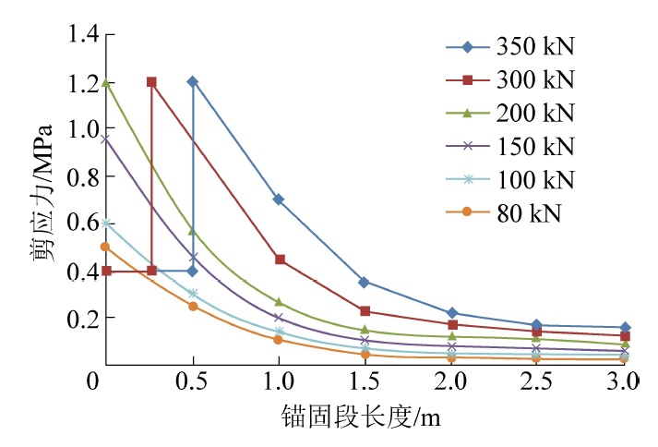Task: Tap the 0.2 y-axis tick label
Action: click(81, 318)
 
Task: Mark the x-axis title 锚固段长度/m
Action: click(364, 417)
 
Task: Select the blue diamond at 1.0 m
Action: click(278, 199)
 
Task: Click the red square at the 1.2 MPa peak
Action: click(151, 82)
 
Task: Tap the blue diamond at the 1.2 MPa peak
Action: click(192, 81)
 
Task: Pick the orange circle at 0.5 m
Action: click(192, 306)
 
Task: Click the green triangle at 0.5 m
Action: click(192, 230)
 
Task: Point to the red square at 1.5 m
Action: click(365, 311)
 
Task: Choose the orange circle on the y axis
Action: click(105, 247)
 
